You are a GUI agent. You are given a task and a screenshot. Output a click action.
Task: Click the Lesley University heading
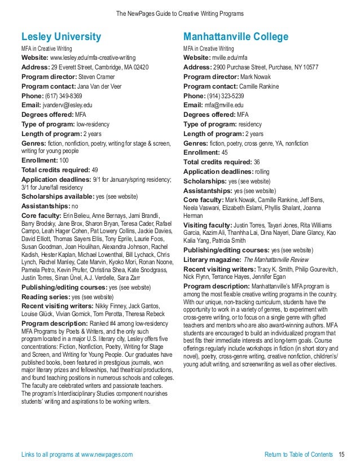(x=61, y=37)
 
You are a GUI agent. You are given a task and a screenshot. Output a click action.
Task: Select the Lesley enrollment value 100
(x=64, y=160)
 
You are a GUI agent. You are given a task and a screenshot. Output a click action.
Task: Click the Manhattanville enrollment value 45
(x=225, y=152)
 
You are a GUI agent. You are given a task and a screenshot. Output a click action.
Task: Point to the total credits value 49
(x=95, y=169)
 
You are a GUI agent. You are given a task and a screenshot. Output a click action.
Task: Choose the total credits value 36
(x=257, y=162)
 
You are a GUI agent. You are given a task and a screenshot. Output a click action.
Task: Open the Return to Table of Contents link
(x=298, y=454)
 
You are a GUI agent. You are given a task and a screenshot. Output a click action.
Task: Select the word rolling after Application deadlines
(x=262, y=172)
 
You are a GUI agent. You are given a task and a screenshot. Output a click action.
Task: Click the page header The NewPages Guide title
(x=180, y=13)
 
